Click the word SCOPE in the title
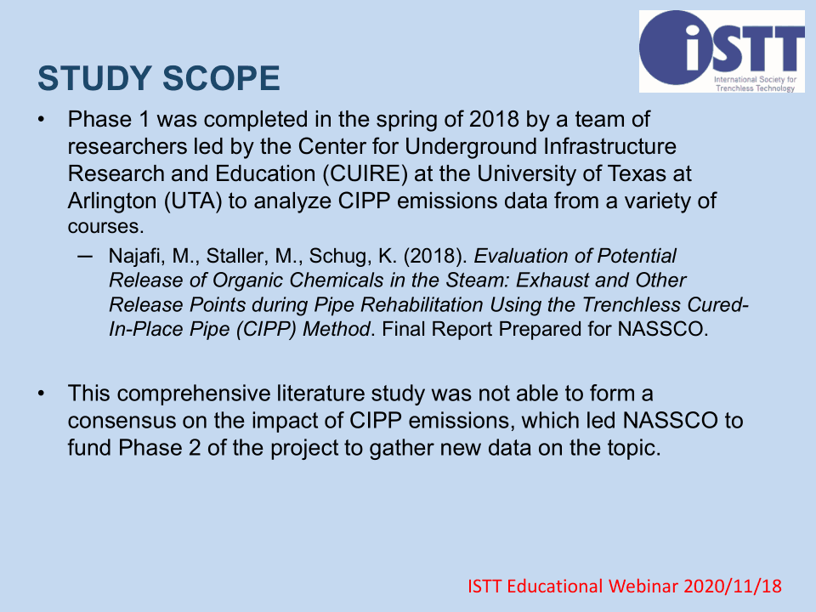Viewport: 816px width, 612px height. pyautogui.click(x=221, y=78)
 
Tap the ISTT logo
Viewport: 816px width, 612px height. pyautogui.click(x=722, y=52)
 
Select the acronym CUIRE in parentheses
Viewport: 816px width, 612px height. pyautogui.click(x=365, y=173)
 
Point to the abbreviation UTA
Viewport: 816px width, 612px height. pyautogui.click(x=193, y=201)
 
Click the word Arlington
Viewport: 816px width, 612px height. pyautogui.click(x=112, y=201)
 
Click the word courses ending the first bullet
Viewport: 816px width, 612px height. pyautogui.click(x=105, y=227)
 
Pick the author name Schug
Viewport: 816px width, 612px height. pyautogui.click(x=340, y=257)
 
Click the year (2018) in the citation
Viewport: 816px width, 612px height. pyautogui.click(x=435, y=257)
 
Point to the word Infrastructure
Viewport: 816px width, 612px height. pyautogui.click(x=610, y=147)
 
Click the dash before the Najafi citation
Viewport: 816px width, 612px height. pyautogui.click(x=84, y=256)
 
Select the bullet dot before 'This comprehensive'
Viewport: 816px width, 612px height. pyautogui.click(x=41, y=394)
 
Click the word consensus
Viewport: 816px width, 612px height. pyautogui.click(x=122, y=421)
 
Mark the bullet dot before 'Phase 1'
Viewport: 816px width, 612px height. pyautogui.click(x=41, y=120)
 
